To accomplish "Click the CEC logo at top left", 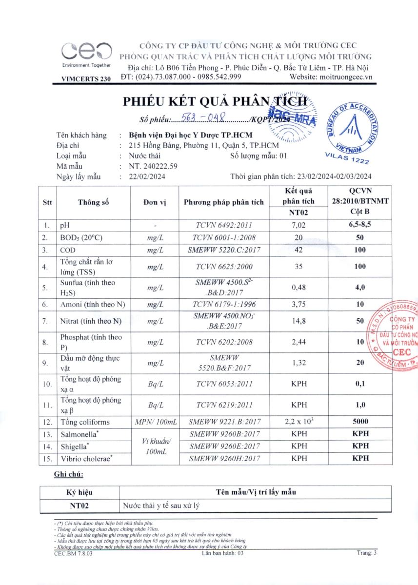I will click(86, 52).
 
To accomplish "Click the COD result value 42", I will click(298, 250).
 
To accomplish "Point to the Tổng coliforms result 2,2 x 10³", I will click(298, 422).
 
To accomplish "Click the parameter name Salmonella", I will click(80, 434).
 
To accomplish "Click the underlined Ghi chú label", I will click(68, 474).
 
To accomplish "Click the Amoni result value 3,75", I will click(298, 304).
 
